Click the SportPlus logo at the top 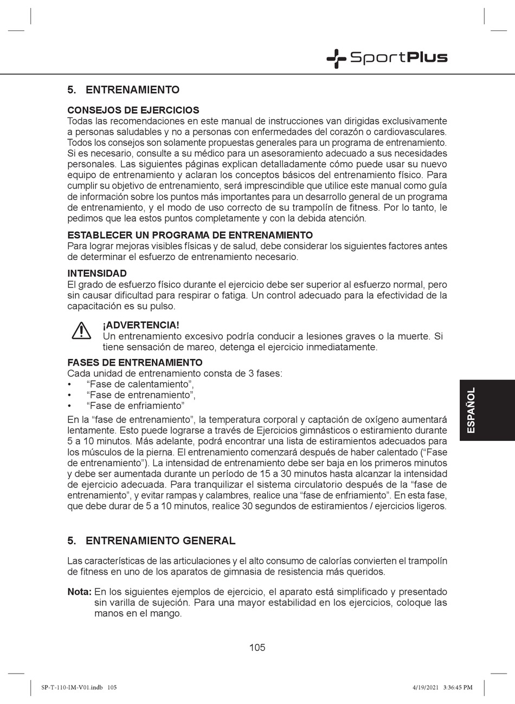point(387,58)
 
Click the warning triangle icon point(81,330)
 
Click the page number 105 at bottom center point(257,647)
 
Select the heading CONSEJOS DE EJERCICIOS point(133,110)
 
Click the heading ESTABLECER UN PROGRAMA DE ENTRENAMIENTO point(190,235)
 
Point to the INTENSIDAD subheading point(96,273)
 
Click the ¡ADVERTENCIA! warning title point(140,325)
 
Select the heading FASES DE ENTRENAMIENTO point(134,363)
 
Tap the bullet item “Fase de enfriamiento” point(136,406)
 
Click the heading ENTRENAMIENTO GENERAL point(160,540)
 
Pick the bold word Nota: point(79,592)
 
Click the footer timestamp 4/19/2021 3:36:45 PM point(442,687)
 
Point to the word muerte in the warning point(411,336)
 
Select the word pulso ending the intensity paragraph point(162,306)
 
